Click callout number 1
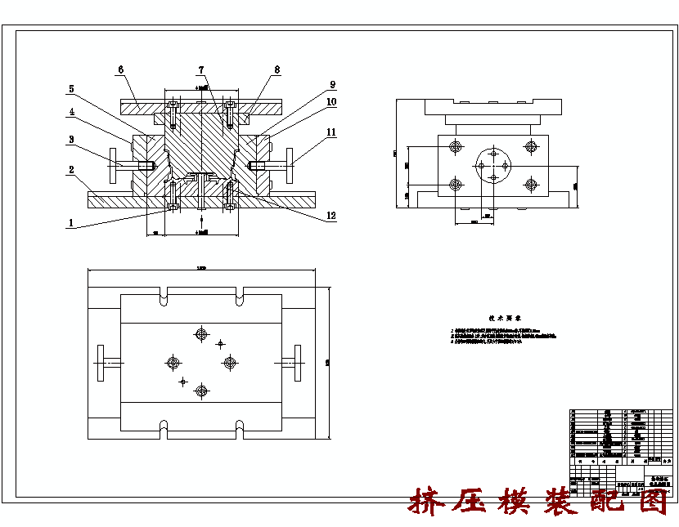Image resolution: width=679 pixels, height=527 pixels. [x=71, y=222]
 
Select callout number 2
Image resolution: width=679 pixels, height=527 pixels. [x=71, y=170]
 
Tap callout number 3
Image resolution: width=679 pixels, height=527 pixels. [x=71, y=140]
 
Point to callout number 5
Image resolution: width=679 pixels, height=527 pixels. [x=71, y=88]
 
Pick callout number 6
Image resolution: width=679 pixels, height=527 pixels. [x=120, y=70]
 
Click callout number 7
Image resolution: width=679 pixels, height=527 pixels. [x=200, y=70]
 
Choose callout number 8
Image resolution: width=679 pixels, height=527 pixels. [x=277, y=70]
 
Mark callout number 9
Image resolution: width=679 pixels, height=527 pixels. [x=332, y=84]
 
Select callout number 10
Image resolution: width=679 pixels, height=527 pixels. [x=332, y=102]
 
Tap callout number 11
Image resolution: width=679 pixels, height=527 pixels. [x=331, y=132]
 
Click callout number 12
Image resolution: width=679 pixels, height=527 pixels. [x=331, y=216]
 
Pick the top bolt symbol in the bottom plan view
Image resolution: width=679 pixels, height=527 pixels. [x=200, y=333]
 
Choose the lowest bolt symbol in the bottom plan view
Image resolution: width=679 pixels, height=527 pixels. [x=200, y=391]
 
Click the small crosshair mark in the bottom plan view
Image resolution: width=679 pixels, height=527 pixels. [x=183, y=381]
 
